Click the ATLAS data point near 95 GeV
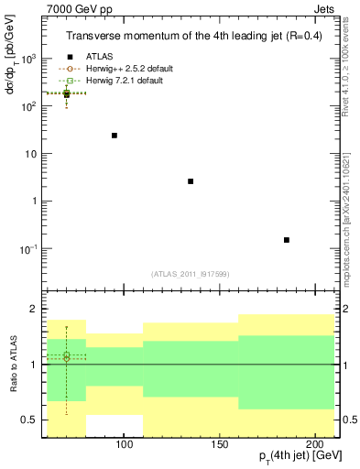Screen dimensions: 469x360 (x=115, y=136)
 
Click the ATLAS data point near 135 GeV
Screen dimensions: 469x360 (x=190, y=181)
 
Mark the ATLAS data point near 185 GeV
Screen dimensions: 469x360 (x=287, y=240)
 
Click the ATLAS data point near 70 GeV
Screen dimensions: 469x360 (x=66, y=93)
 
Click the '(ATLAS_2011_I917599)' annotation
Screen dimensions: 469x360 (x=190, y=273)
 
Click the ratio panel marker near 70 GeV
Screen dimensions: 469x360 (x=66, y=357)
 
